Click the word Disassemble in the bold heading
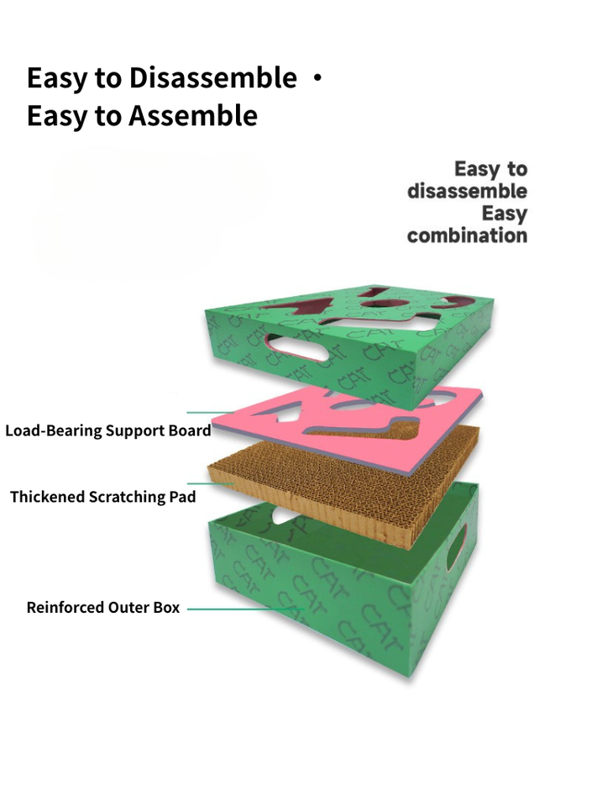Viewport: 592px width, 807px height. click(x=212, y=78)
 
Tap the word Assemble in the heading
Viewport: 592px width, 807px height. click(x=192, y=115)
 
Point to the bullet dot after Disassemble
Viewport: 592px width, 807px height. click(x=316, y=78)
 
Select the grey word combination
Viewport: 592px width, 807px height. click(x=467, y=235)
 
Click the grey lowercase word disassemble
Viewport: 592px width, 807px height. click(x=467, y=191)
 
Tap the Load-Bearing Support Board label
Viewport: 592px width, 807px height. click(x=107, y=430)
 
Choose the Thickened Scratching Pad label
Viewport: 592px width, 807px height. click(x=102, y=497)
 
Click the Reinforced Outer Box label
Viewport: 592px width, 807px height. click(x=102, y=607)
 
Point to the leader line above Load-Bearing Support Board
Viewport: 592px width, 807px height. click(x=210, y=412)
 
